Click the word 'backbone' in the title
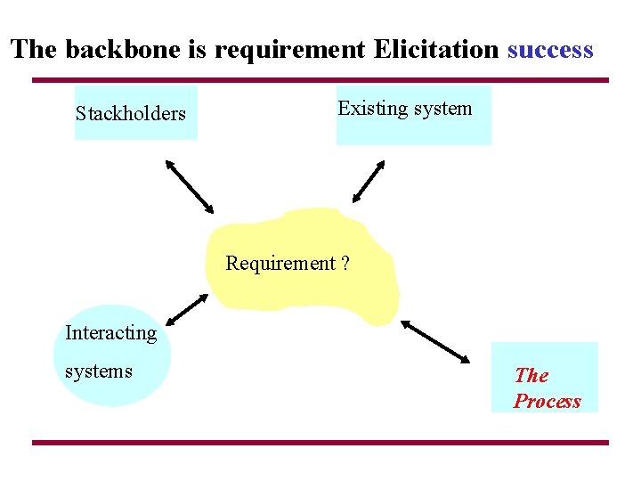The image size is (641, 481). pos(111,49)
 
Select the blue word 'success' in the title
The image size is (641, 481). pos(549,49)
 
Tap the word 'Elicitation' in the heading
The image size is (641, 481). pos(435,49)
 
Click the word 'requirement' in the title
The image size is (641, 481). pos(290,50)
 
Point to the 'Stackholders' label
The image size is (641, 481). pos(131,114)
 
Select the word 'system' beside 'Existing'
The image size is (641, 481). pos(442,109)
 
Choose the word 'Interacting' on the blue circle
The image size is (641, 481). pos(110,333)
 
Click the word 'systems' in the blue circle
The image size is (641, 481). pos(98,371)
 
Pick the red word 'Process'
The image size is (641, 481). pos(547,402)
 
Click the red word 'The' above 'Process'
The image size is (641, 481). pos(531,376)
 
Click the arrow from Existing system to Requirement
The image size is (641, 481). pos(368,182)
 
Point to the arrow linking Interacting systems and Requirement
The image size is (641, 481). pos(187,308)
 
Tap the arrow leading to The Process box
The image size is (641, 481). pos(435,341)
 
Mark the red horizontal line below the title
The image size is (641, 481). pos(320,80)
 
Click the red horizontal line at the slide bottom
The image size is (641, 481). pos(320,443)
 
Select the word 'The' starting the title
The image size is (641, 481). pos(33,49)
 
